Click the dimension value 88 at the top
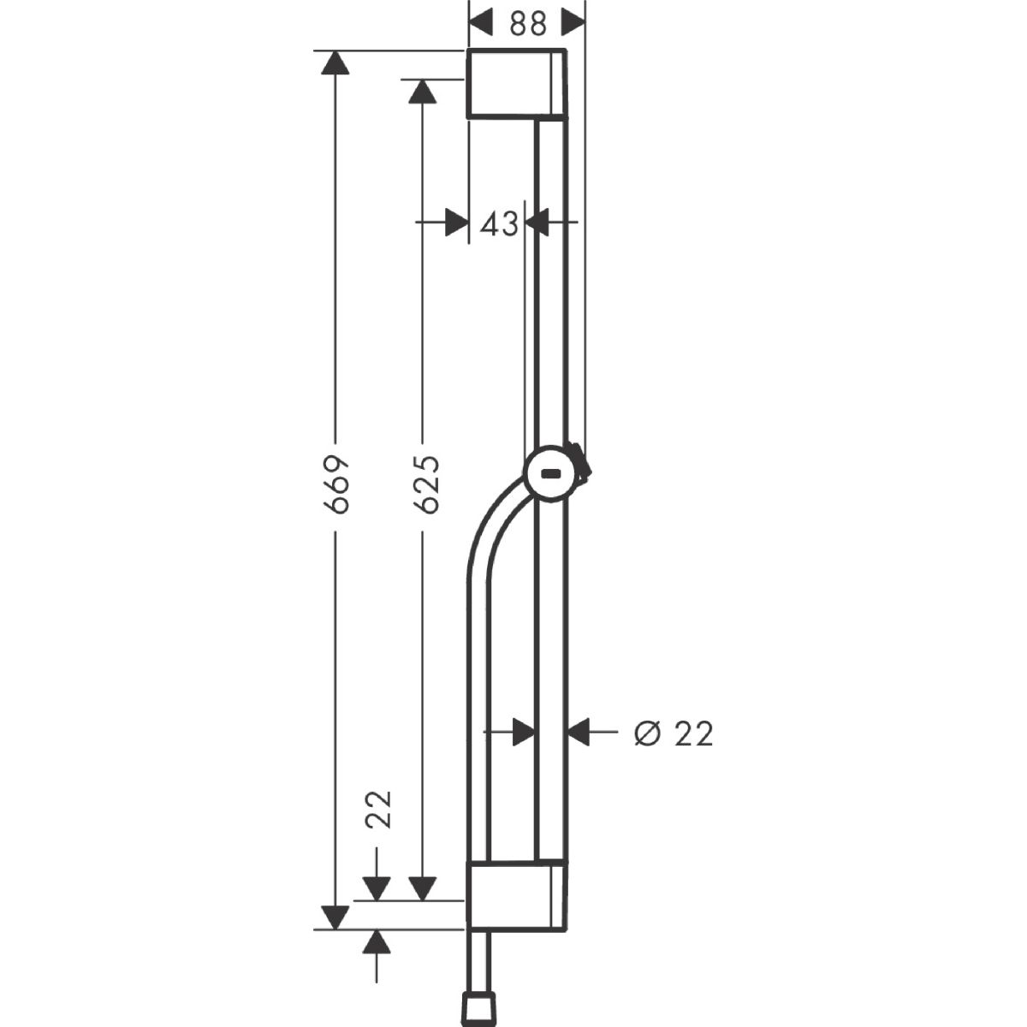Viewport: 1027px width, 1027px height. click(528, 24)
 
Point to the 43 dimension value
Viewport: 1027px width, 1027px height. click(499, 224)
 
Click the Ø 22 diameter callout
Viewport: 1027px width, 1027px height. click(674, 733)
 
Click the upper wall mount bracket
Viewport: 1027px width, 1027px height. click(516, 84)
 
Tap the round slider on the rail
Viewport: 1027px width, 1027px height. click(551, 473)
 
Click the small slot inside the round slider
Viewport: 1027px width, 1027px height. click(550, 472)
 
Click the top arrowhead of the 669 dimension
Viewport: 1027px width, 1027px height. click(335, 62)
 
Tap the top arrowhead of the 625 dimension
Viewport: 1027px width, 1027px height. click(423, 91)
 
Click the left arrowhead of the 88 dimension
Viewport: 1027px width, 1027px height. click(481, 23)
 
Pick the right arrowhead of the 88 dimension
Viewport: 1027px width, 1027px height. click(573, 23)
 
